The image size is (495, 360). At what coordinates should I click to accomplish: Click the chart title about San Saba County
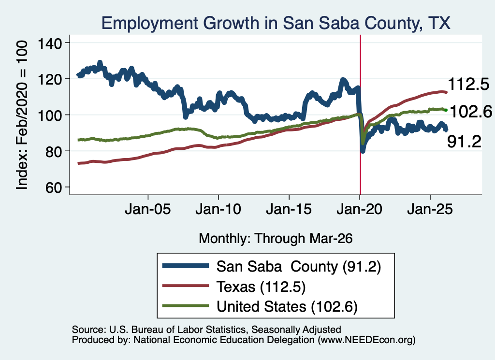click(x=276, y=23)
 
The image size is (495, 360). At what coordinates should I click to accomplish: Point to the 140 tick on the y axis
click(x=50, y=43)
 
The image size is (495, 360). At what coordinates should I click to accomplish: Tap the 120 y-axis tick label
click(x=50, y=79)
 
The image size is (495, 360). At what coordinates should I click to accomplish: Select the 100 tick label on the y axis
click(x=50, y=115)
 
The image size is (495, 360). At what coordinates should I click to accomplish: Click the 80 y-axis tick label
click(x=54, y=151)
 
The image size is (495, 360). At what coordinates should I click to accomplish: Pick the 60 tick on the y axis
click(x=54, y=187)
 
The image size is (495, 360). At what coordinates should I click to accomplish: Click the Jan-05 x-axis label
click(x=148, y=209)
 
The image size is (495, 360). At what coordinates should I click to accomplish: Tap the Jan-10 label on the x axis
click(x=218, y=209)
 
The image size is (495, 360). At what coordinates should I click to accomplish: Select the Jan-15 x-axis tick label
click(x=289, y=209)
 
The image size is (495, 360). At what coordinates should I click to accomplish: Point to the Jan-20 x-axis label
click(x=359, y=209)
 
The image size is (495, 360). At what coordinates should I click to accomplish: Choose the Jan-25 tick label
click(x=430, y=209)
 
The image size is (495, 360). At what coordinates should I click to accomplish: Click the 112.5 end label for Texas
click(x=468, y=84)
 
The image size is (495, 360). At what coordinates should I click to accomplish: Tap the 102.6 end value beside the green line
click(x=471, y=112)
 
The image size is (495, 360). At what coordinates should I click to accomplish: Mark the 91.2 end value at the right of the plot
click(x=465, y=142)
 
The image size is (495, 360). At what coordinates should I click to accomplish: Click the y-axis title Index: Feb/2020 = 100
click(x=22, y=115)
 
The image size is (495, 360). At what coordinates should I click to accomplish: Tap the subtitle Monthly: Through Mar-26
click(x=276, y=239)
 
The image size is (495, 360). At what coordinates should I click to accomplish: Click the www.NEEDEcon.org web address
click(x=366, y=340)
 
